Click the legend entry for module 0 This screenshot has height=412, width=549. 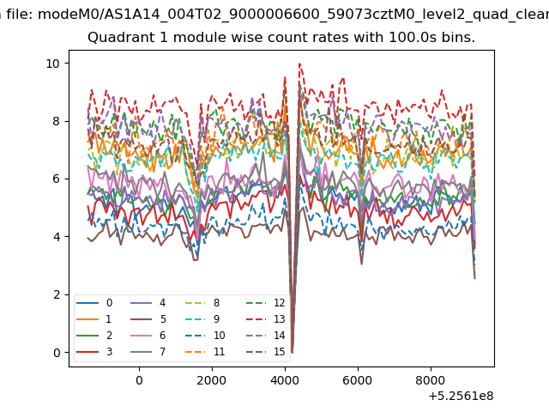(94, 303)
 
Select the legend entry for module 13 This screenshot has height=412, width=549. (266, 319)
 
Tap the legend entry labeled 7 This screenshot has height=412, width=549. (148, 352)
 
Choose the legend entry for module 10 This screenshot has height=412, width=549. (205, 336)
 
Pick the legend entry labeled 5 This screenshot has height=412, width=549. (148, 319)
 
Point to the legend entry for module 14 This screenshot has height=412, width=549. (266, 336)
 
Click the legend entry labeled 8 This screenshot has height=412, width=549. (202, 303)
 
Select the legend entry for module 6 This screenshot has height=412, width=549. (148, 336)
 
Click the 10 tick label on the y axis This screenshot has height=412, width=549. (53, 64)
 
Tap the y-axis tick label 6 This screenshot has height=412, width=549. (57, 179)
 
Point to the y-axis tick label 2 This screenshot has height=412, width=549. (57, 295)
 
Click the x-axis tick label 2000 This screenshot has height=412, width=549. (212, 380)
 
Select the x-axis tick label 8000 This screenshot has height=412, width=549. (431, 380)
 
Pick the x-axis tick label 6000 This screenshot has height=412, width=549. (357, 380)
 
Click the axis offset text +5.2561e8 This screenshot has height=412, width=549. (461, 396)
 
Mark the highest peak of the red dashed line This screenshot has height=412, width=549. (299, 64)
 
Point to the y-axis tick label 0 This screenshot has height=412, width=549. (57, 353)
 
